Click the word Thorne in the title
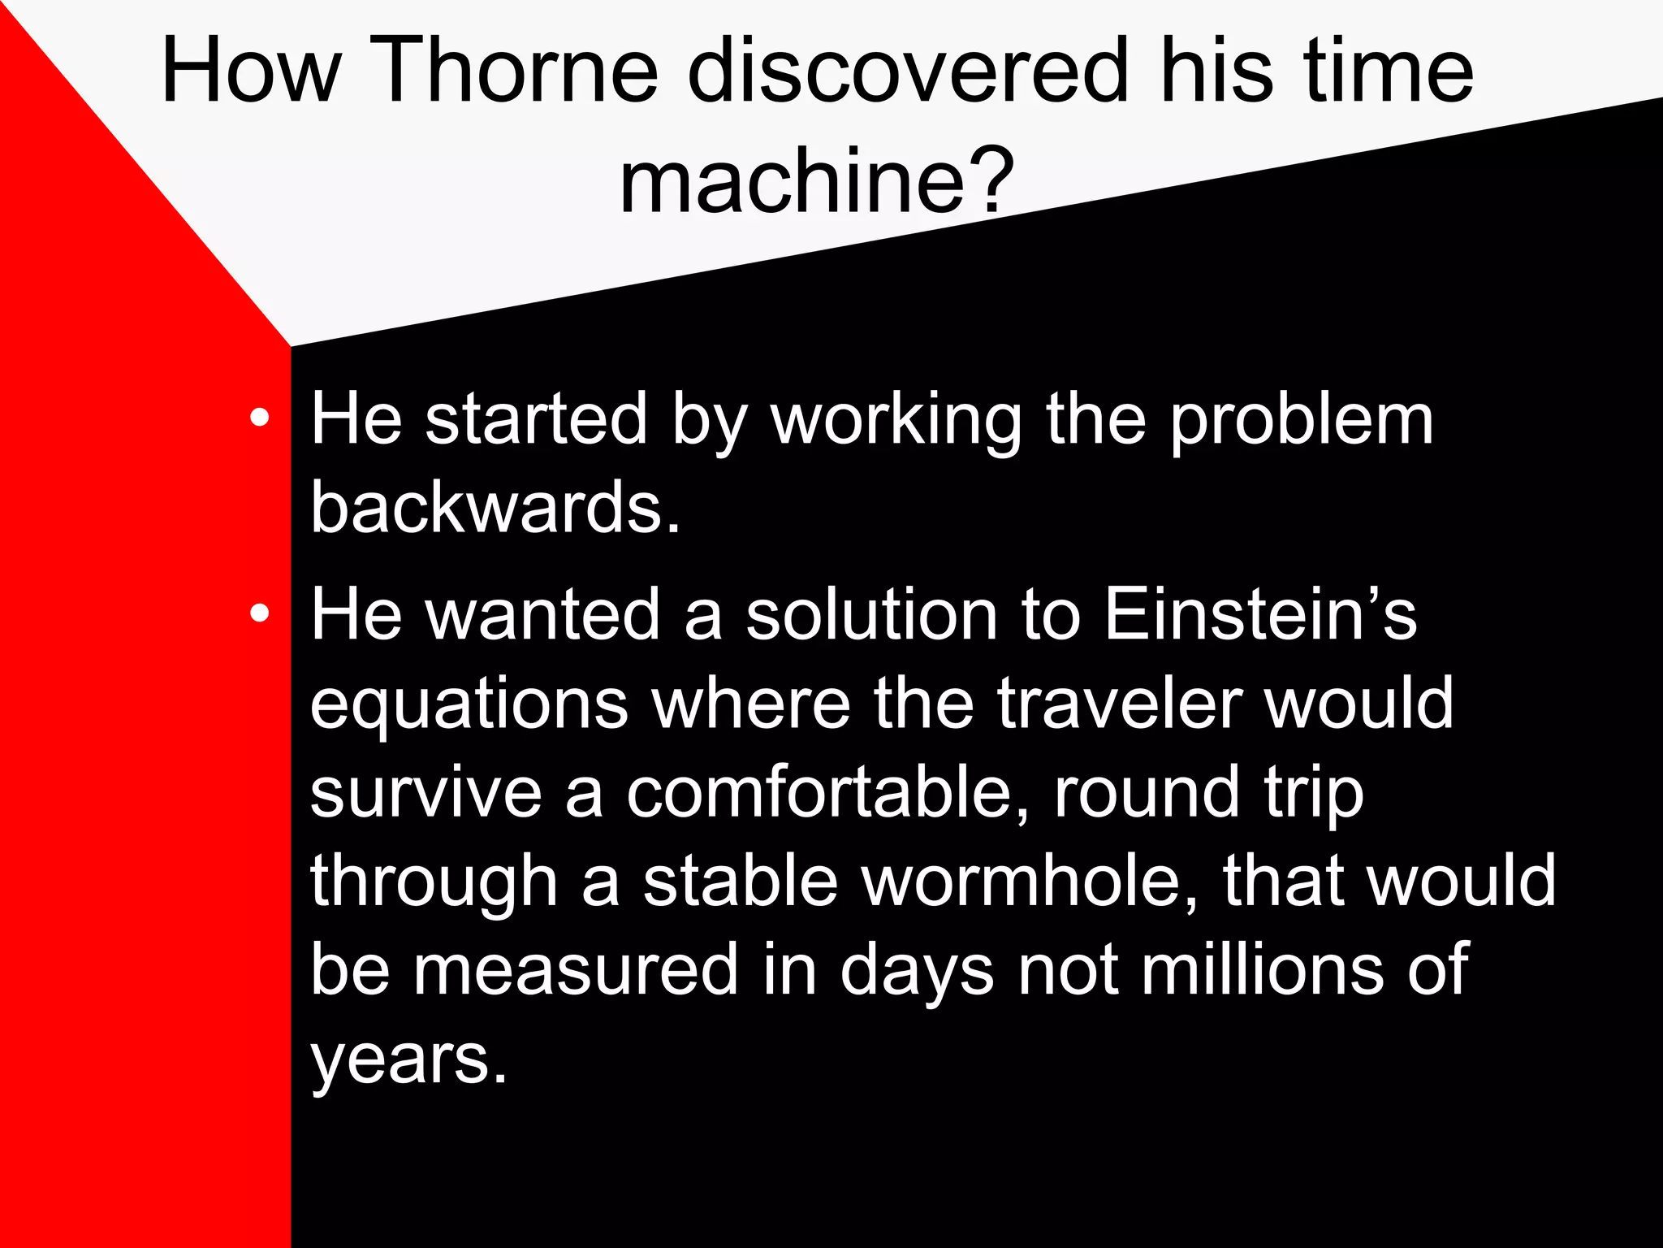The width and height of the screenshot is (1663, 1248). (518, 71)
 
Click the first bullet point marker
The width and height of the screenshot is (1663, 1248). (260, 418)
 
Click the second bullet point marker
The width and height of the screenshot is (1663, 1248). (260, 613)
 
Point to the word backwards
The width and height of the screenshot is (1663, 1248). (495, 507)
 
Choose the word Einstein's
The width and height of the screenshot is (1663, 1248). (1260, 613)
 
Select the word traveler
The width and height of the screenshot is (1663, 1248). (1120, 703)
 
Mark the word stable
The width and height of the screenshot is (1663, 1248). (740, 881)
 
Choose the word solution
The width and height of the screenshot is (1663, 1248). (871, 613)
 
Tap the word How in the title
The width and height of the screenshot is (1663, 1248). (251, 71)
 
